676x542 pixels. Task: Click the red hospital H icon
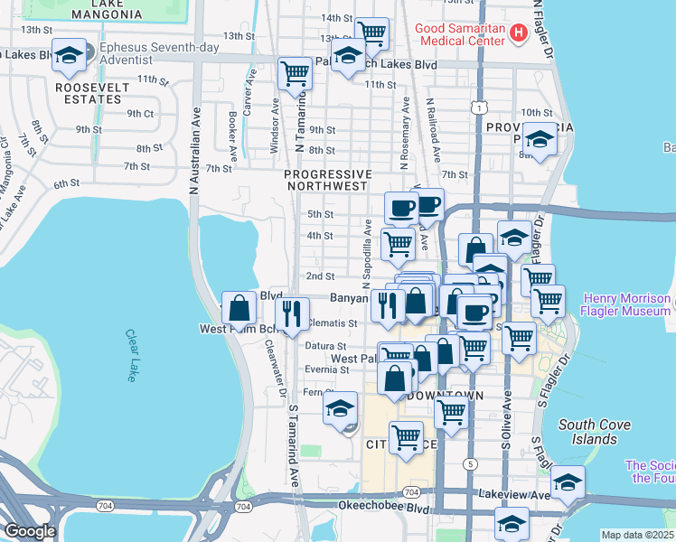tap(518, 35)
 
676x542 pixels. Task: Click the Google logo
tap(30, 531)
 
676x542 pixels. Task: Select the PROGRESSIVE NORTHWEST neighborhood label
tap(327, 180)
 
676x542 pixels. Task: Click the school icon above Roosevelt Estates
tap(69, 56)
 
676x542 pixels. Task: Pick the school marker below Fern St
tap(341, 408)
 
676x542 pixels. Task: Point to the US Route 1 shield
tap(474, 107)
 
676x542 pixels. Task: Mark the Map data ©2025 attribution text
tap(637, 535)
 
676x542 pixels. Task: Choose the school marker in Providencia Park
tap(540, 140)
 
